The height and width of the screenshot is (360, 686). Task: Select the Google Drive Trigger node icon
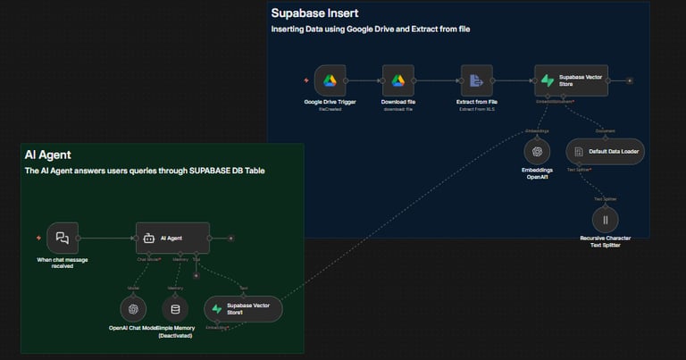pyautogui.click(x=330, y=80)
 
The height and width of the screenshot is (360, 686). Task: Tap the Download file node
pyautogui.click(x=398, y=80)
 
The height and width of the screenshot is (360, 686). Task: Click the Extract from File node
pyautogui.click(x=476, y=80)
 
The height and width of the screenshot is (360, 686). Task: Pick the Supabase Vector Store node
pyautogui.click(x=572, y=80)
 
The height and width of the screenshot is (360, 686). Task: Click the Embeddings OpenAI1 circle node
pyautogui.click(x=537, y=151)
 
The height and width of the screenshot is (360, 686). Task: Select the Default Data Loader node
pyautogui.click(x=605, y=152)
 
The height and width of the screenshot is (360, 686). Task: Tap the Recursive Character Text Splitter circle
pyautogui.click(x=605, y=219)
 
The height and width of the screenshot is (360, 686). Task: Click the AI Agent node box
pyautogui.click(x=172, y=239)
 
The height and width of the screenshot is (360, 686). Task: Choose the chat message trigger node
pyautogui.click(x=63, y=239)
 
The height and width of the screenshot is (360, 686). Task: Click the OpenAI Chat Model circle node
pyautogui.click(x=133, y=309)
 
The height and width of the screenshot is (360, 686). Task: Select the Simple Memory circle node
pyautogui.click(x=175, y=309)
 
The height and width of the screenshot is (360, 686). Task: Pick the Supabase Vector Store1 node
pyautogui.click(x=243, y=309)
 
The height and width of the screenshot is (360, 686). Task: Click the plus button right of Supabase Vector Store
pyautogui.click(x=630, y=80)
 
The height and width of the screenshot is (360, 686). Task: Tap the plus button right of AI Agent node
pyautogui.click(x=230, y=239)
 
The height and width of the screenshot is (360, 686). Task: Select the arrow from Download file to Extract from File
pyautogui.click(x=437, y=80)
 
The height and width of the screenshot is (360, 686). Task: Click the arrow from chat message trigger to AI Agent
pyautogui.click(x=107, y=239)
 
